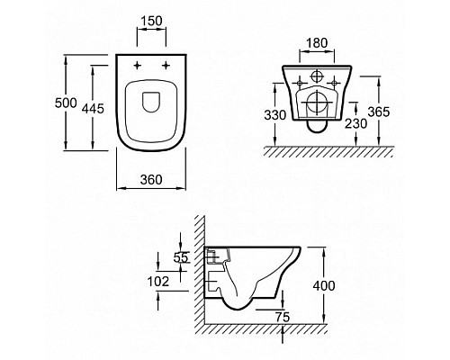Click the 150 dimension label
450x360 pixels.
coord(151,21)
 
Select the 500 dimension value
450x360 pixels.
coord(66,103)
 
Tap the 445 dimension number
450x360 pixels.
coord(93,108)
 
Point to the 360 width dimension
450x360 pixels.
coord(151,179)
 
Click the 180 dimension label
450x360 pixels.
coord(317,43)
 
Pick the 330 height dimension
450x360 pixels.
coord(275,115)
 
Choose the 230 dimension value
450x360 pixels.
coord(356,123)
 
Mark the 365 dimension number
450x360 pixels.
coord(379,112)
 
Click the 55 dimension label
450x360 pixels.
coord(181,257)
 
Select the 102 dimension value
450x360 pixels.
coord(158,282)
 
